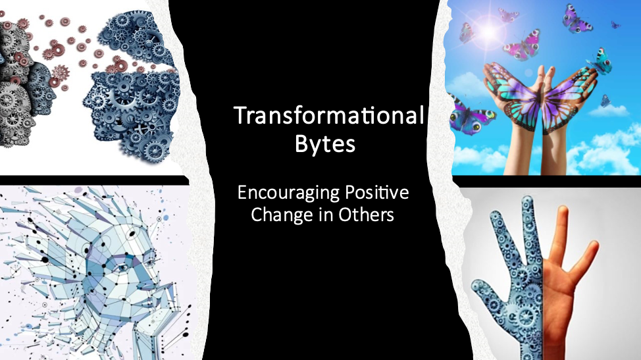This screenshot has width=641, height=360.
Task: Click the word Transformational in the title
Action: tap(328, 115)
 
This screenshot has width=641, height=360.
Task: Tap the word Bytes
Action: tap(325, 144)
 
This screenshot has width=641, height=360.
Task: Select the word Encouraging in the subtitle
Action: tap(289, 193)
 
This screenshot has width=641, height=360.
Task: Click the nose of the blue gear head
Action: tap(87, 99)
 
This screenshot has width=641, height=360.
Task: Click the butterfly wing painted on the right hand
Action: tap(570, 98)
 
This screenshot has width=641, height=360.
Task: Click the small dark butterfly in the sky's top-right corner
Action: tap(615, 25)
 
